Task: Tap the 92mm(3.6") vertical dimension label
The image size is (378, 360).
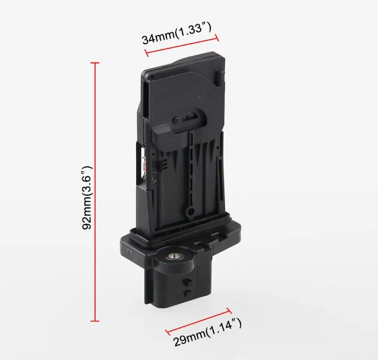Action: click(87, 198)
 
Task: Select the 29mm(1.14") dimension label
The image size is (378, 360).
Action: click(207, 332)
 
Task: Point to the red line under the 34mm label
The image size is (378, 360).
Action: click(182, 45)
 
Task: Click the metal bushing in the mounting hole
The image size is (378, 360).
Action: click(173, 256)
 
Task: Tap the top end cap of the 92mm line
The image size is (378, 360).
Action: click(95, 63)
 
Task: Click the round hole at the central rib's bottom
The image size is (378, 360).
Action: click(191, 212)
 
